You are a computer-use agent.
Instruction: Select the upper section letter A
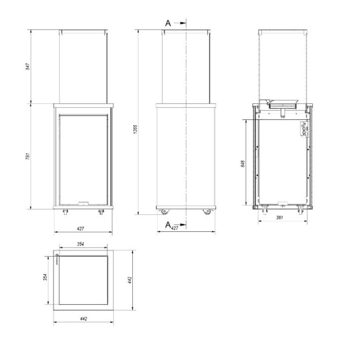(168, 23)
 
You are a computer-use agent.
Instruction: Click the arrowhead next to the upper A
(182, 23)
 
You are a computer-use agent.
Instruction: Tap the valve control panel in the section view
(302, 130)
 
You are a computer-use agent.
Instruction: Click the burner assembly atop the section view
(282, 105)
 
